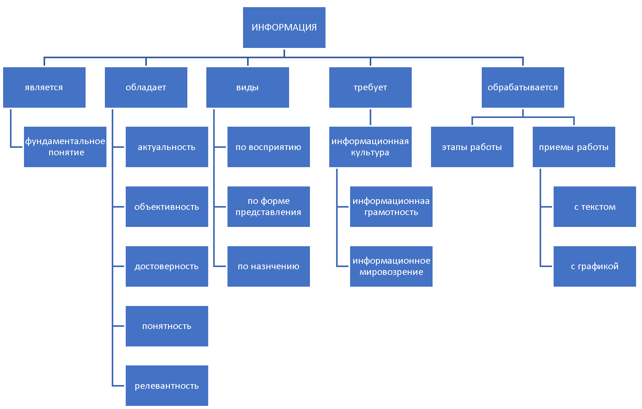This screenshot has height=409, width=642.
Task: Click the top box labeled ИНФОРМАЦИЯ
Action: tap(284, 27)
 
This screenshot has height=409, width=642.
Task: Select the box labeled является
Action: tap(44, 87)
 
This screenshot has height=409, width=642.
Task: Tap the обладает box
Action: tap(146, 87)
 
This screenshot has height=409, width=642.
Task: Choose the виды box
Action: tap(248, 87)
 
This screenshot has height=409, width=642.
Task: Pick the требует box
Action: tap(370, 87)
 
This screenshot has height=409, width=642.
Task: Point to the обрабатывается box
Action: tap(523, 87)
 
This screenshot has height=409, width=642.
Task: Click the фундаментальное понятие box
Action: tap(65, 147)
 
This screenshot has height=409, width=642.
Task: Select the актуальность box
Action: tap(167, 147)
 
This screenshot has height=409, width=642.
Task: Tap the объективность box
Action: tap(167, 207)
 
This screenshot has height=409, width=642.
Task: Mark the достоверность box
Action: tap(167, 266)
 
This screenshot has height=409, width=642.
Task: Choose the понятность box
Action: tap(167, 326)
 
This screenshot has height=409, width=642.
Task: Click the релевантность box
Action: tap(167, 386)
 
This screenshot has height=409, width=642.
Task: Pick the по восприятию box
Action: tap(269, 147)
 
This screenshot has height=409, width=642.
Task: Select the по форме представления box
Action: tap(269, 207)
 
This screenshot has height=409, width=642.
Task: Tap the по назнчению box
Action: tap(269, 266)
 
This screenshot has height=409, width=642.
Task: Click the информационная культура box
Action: tap(370, 147)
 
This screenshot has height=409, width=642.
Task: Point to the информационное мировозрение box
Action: tap(391, 266)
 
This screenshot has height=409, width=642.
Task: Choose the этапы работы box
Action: tap(472, 147)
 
